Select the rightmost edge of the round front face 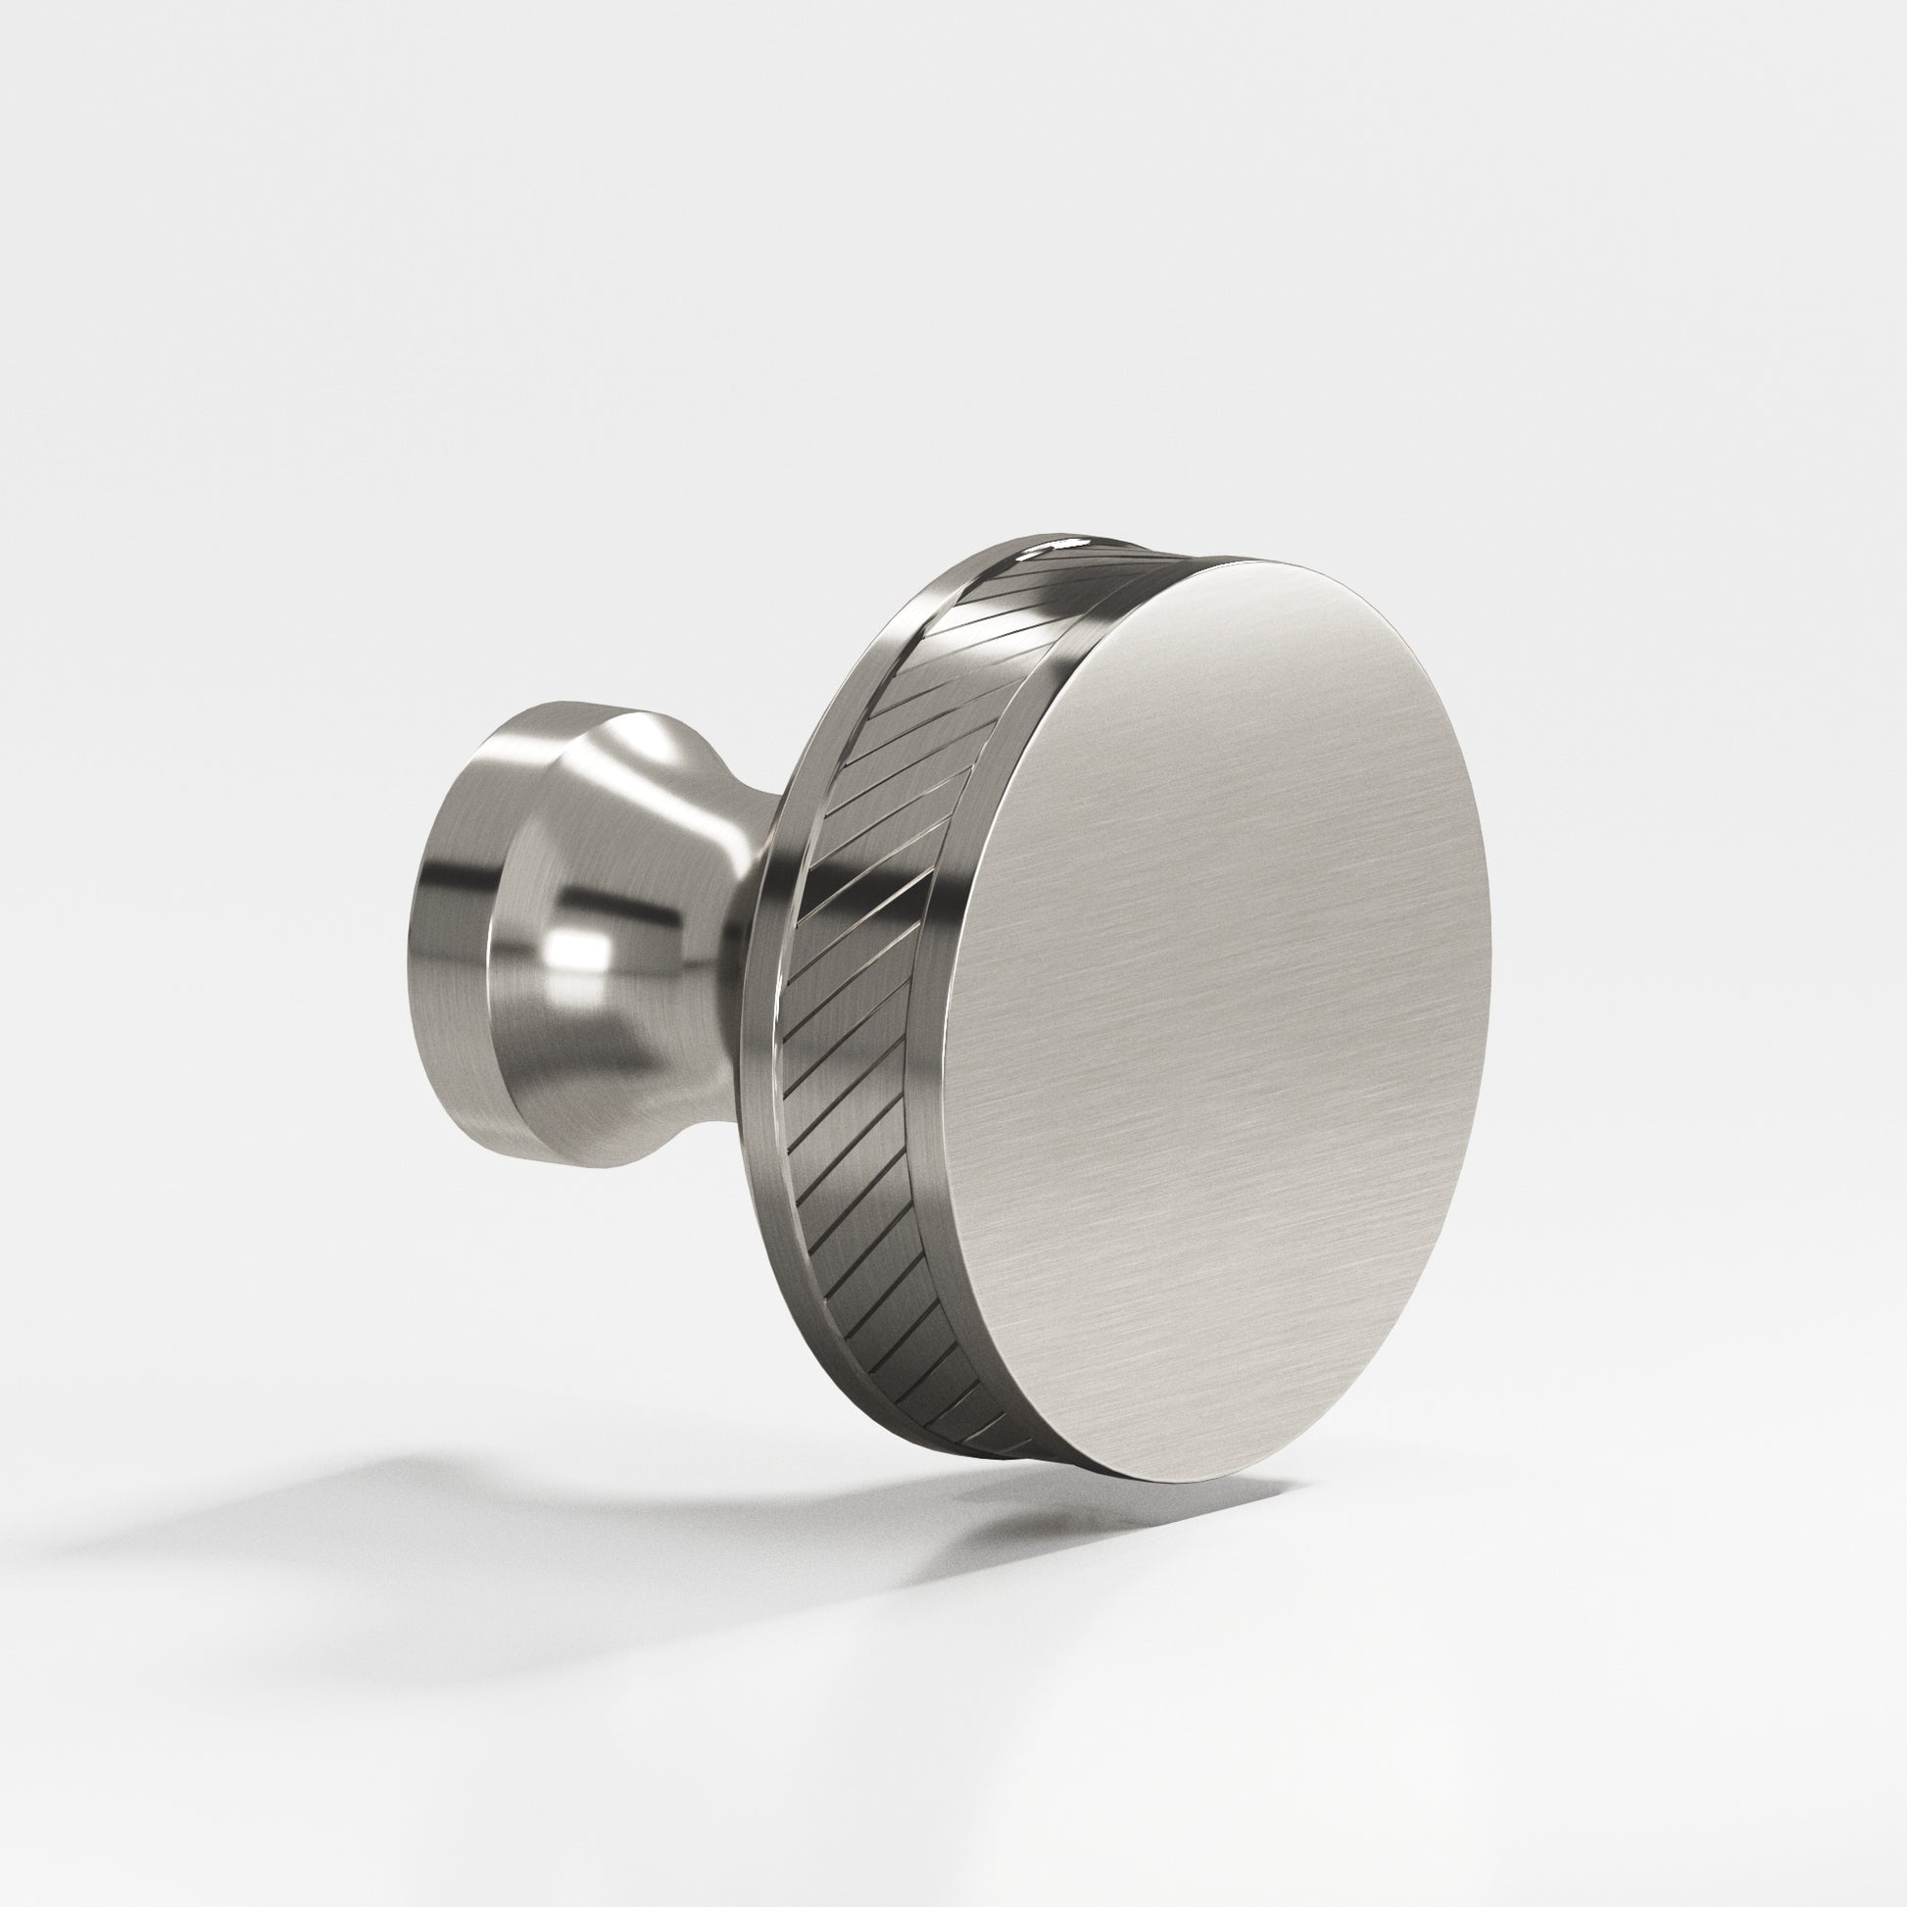[x=1489, y=889]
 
